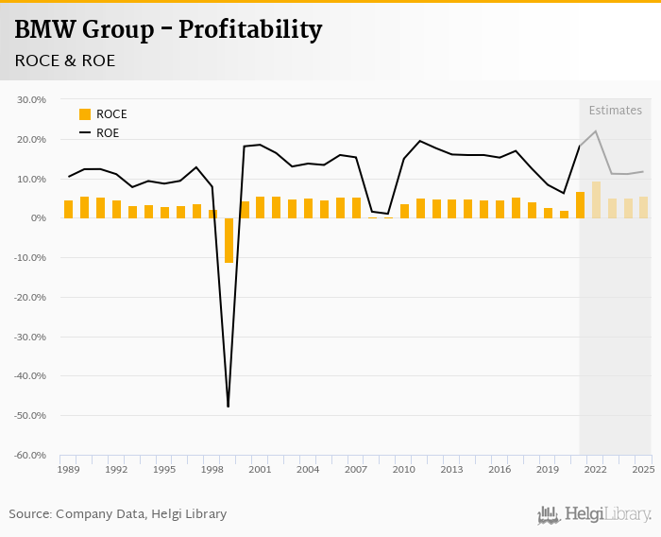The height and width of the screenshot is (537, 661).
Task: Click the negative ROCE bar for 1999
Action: (229, 240)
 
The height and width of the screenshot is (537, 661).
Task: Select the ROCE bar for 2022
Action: (596, 200)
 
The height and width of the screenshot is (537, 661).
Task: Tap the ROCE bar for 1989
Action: (68, 209)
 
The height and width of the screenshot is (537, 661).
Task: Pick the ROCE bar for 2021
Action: (580, 205)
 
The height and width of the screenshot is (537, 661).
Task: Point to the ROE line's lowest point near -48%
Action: (229, 407)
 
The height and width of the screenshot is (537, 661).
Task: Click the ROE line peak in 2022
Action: (596, 131)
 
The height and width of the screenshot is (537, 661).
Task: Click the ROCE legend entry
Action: (103, 114)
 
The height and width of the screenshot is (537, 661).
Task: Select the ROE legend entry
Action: (99, 133)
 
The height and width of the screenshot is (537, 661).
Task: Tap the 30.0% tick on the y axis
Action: (32, 99)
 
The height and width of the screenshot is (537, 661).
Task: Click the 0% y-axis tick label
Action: (38, 217)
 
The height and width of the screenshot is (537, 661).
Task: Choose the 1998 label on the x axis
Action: (212, 469)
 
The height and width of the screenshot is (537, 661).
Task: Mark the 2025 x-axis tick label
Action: (643, 469)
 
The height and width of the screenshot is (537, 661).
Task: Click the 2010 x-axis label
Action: (403, 469)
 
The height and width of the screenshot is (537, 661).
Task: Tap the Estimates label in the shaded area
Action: (615, 111)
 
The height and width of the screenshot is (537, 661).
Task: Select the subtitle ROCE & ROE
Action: (64, 61)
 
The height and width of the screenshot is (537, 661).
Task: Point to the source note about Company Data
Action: (118, 514)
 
